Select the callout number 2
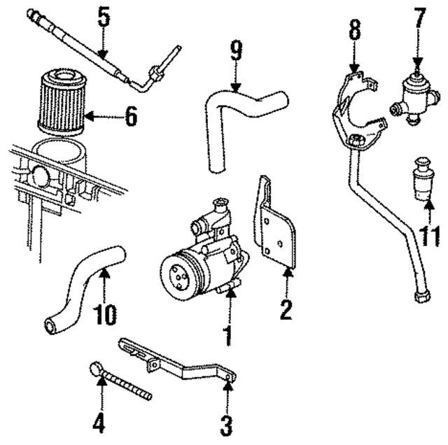coord(286,309)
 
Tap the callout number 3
coord(227,424)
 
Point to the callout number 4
coord(100,423)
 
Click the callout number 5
coord(104,17)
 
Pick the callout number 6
coord(131,117)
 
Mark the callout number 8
coord(355,31)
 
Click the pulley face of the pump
coord(176,274)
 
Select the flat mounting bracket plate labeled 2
coord(276,227)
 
